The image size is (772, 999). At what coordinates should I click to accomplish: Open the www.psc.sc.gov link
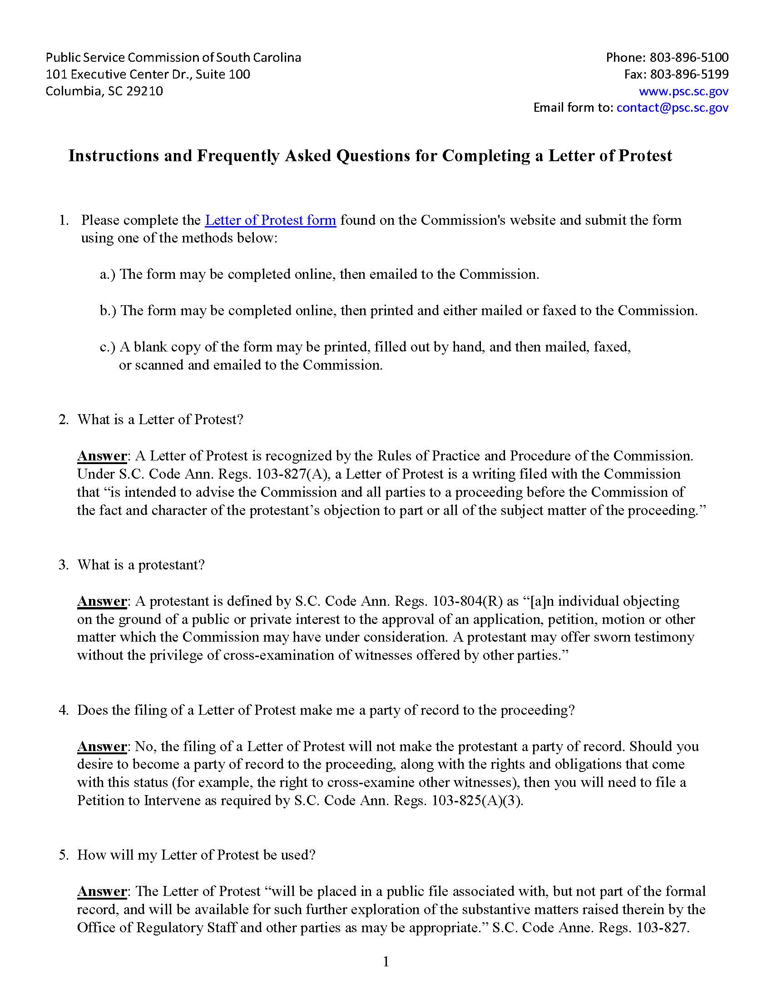(683, 91)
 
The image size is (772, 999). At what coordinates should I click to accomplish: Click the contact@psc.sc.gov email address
(672, 108)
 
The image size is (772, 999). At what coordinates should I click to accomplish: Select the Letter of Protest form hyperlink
(270, 220)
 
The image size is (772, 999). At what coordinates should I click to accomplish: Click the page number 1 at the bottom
(386, 962)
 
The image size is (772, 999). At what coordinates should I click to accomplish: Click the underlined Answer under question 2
(102, 455)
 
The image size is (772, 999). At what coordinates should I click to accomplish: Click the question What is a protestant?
(141, 564)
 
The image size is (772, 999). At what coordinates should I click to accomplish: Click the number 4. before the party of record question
(64, 710)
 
